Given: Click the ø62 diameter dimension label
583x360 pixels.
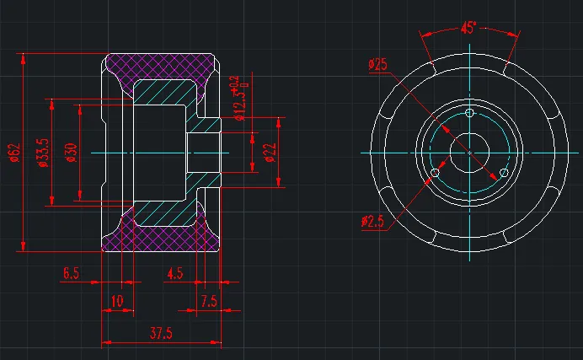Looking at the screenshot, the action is (15, 153).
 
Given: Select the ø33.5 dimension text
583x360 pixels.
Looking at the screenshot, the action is (44, 153).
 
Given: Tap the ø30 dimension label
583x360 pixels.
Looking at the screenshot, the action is (72, 153).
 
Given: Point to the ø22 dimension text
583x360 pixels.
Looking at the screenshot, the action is (270, 153).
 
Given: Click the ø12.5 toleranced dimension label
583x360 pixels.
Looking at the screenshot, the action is (241, 98).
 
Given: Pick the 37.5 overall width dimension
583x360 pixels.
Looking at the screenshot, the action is (161, 333).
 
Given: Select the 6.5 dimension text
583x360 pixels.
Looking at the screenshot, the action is (71, 273).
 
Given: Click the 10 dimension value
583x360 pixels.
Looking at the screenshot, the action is (117, 301).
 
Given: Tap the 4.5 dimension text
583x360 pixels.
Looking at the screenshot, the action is (175, 274).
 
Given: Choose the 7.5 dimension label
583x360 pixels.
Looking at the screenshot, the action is (209, 301).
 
